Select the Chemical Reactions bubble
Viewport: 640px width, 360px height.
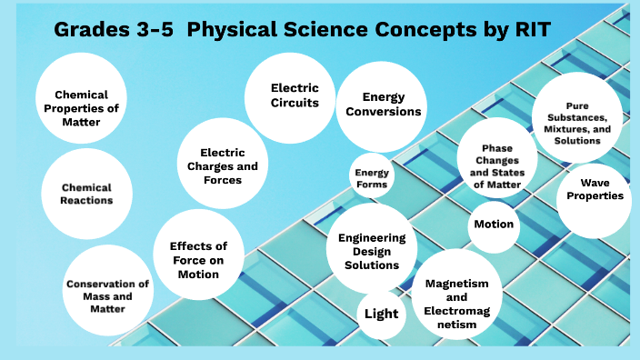[87, 194]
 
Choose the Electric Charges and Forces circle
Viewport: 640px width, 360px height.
[223, 165]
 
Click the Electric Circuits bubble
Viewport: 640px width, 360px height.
[295, 95]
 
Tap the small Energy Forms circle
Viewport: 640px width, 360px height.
[372, 178]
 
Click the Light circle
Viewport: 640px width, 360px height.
[381, 315]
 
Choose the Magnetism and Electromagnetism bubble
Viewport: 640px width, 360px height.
[464, 296]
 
